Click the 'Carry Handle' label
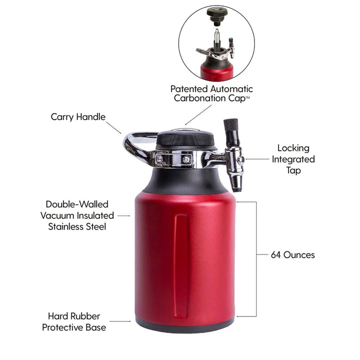(x=78, y=117)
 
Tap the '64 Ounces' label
(x=292, y=254)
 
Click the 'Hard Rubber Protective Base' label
(x=74, y=322)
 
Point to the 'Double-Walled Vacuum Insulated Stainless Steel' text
(x=77, y=215)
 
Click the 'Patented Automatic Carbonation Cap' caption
(x=211, y=93)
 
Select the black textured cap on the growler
(x=185, y=138)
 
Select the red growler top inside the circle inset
(x=216, y=71)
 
